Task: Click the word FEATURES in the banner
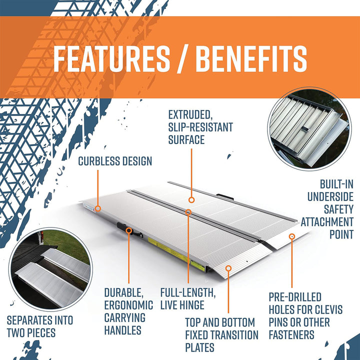[x=111, y=59]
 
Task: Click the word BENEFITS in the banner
[x=251, y=59]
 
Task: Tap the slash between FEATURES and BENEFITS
[x=182, y=59]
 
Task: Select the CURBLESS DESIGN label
[x=115, y=161]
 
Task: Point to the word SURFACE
[x=186, y=139]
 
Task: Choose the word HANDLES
[x=123, y=330]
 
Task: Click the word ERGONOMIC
[x=128, y=305]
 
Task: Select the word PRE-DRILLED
[x=295, y=297]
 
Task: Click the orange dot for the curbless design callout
[x=98, y=208]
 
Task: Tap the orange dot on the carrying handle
[x=129, y=230]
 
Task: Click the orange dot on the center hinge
[x=188, y=212]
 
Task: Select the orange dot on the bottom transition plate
[x=228, y=268]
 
